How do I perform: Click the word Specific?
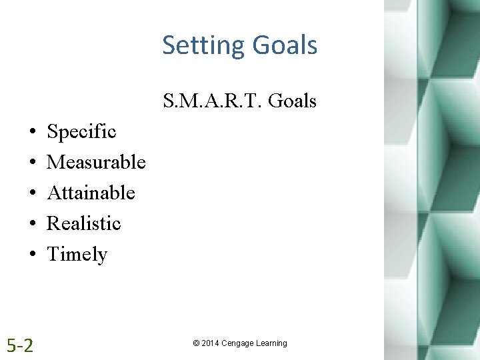tap(81, 132)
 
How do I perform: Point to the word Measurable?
tap(96, 162)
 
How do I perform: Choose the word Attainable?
tap(91, 193)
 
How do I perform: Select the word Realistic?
tap(83, 223)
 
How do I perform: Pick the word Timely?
tap(77, 255)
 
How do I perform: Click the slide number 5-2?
tap(20, 345)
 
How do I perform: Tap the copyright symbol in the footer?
tap(196, 343)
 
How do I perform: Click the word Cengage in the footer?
tap(238, 343)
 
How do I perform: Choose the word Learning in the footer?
tap(271, 343)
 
